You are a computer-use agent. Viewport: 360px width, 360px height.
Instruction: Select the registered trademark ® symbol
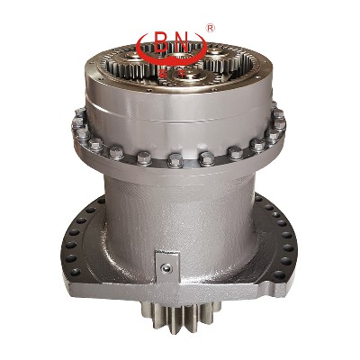tap(211, 29)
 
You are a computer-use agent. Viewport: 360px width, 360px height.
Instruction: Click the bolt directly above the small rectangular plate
tap(176, 161)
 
